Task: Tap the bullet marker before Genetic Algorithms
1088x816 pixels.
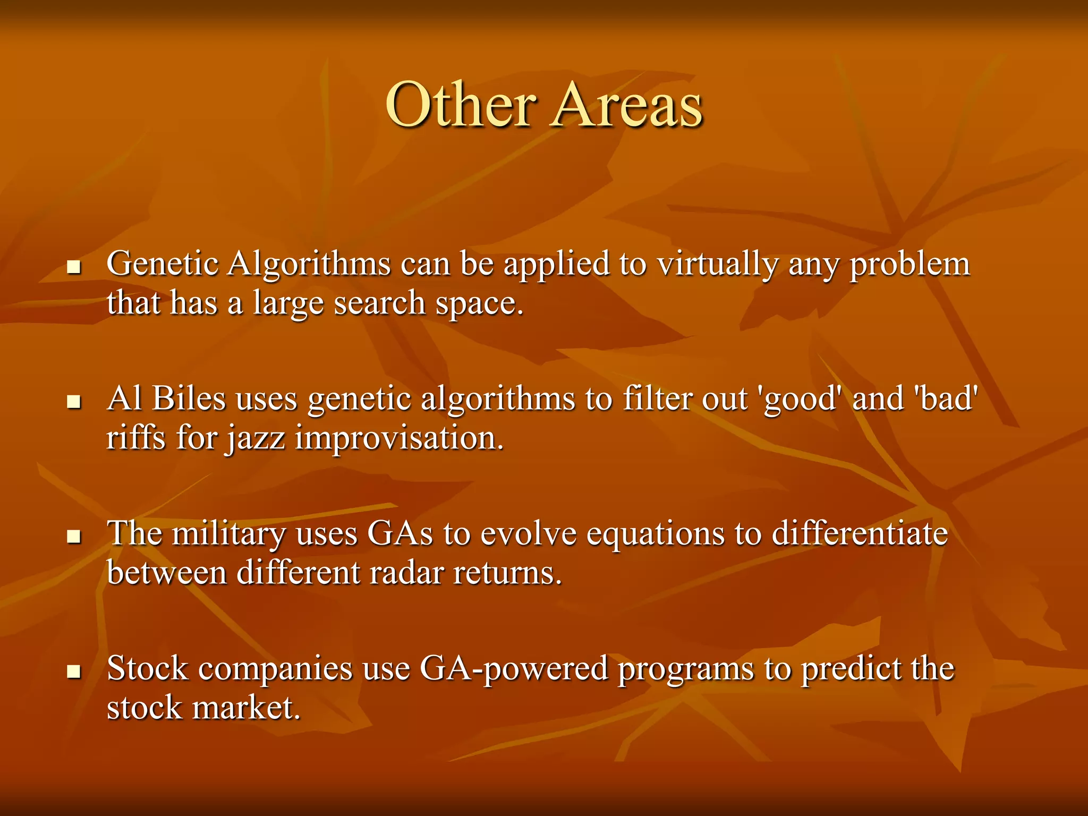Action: pos(74,266)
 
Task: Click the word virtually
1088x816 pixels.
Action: pos(717,264)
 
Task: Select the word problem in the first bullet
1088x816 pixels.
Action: pos(909,264)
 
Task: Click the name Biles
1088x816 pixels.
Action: pos(189,398)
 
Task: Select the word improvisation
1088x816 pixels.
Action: pos(399,439)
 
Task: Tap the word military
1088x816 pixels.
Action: pos(228,533)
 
